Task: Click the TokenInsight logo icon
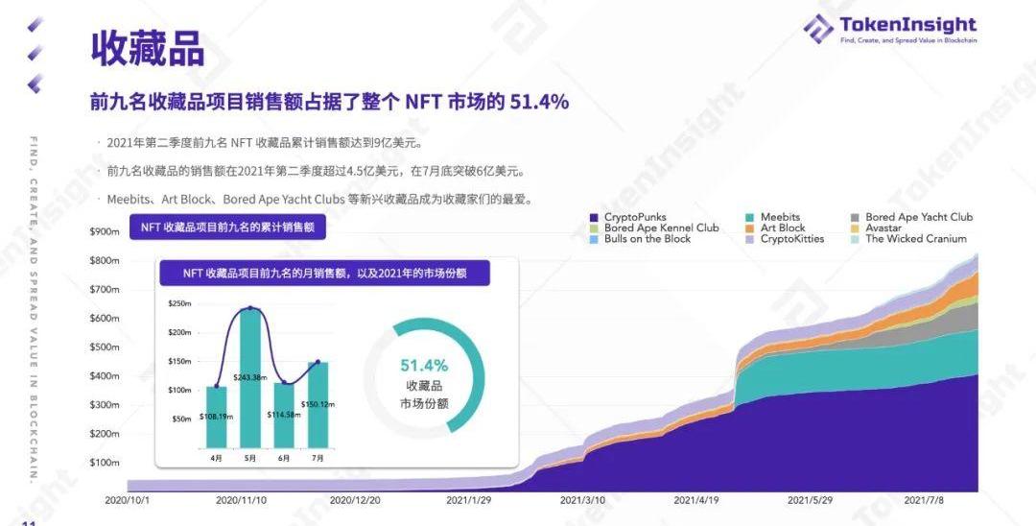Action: pos(818,28)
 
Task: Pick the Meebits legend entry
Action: pos(780,218)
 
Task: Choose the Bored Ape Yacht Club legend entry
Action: pos(918,218)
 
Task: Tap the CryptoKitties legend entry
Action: pos(791,239)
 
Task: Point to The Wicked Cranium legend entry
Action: pos(915,239)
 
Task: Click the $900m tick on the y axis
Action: pos(104,231)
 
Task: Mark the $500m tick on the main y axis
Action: pos(104,347)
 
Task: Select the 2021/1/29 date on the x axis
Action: pos(470,500)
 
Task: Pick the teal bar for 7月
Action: pos(318,404)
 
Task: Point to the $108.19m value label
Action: pos(217,418)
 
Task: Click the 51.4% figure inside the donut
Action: pos(424,366)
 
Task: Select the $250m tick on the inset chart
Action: pos(180,303)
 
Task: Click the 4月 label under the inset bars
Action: pos(216,459)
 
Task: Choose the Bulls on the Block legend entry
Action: pos(647,239)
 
